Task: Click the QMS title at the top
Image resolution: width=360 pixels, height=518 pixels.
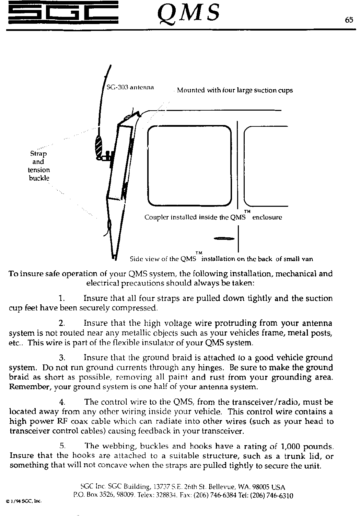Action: (x=188, y=13)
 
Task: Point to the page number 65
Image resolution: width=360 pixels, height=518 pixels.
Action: (x=349, y=20)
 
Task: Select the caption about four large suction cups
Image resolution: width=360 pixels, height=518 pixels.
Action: (x=235, y=91)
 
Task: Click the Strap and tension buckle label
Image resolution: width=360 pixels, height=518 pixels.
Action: (x=38, y=166)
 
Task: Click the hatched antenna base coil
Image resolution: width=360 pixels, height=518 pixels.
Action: (x=99, y=145)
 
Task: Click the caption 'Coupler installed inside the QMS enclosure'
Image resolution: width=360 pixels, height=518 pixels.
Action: (x=213, y=217)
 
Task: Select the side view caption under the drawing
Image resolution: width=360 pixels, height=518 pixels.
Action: (x=221, y=259)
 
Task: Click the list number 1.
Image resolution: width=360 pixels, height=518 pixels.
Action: (x=62, y=298)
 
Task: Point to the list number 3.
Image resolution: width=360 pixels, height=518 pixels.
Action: (x=62, y=358)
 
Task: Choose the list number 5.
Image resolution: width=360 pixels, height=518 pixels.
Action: (x=62, y=447)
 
